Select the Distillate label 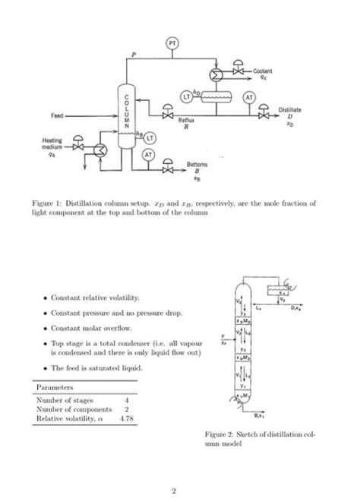[289, 109]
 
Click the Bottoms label [197, 164]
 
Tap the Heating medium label [43, 143]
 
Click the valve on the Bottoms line [168, 172]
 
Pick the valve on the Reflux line [164, 115]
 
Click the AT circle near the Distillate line [248, 97]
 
